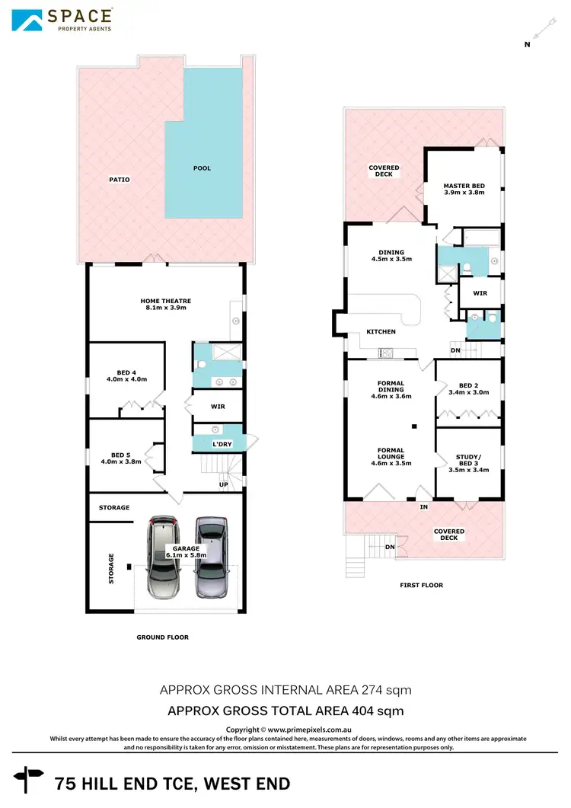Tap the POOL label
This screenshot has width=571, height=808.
[202, 168]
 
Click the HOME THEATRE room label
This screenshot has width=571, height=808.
[164, 303]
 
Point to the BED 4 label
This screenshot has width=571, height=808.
[126, 372]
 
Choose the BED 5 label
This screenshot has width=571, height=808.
[120, 455]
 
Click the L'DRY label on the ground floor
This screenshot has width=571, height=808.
[222, 444]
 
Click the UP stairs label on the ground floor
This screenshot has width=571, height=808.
[223, 485]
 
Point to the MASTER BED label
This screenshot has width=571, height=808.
[464, 187]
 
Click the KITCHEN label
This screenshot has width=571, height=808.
[381, 332]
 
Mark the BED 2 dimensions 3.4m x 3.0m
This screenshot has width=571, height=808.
[468, 394]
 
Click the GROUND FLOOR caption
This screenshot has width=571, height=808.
[162, 637]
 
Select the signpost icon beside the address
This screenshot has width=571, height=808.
[33, 779]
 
